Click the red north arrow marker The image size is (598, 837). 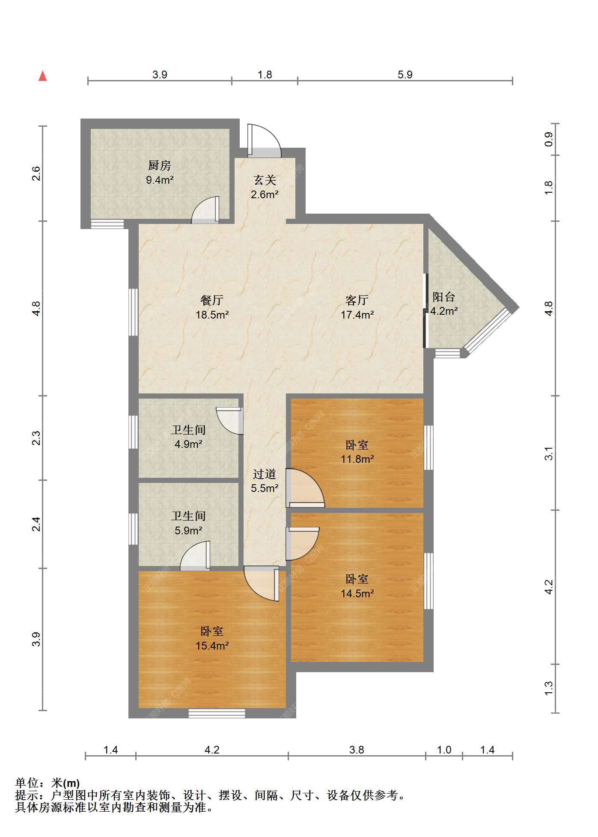coord(43,76)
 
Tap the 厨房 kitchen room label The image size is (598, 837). coord(160,165)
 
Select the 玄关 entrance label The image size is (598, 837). coord(265,180)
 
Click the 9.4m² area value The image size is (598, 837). coord(160,180)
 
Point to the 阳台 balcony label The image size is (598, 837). coord(443,297)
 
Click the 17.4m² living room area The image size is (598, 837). coord(357,315)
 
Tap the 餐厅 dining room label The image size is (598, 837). coord(212,300)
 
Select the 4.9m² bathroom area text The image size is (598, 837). coord(188,444)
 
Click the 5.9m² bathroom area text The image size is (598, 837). coord(188,530)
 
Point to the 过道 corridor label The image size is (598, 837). coord(265,474)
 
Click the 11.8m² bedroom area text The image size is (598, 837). coord(357,459)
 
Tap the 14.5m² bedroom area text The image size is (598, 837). coord(357,593)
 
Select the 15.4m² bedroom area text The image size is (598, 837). coord(212,646)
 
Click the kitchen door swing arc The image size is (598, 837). coord(205,210)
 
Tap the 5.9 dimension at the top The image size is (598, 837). coord(405,74)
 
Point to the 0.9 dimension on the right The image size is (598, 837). coord(549,139)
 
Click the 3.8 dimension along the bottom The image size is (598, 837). coord(357,750)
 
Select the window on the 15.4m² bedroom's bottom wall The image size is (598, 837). coord(217,713)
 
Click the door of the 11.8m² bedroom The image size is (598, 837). coord(305,488)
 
